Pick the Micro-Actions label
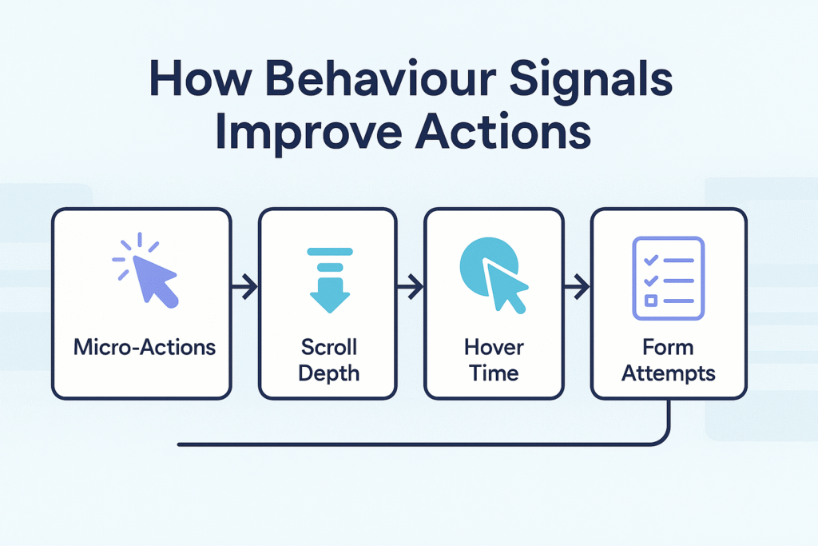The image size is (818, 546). tap(144, 348)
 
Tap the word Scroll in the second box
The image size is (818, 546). tap(328, 348)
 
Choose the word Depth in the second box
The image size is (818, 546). tap(328, 373)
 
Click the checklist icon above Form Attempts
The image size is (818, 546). tap(668, 277)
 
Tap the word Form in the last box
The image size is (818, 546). tap(669, 348)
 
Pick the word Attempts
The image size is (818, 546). tap(669, 373)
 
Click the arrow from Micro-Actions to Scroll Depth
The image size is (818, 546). tap(244, 285)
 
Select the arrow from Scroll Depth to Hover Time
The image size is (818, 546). tap(411, 285)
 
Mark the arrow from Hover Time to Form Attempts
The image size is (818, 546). tap(576, 285)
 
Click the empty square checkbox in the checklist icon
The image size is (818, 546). tap(650, 300)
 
